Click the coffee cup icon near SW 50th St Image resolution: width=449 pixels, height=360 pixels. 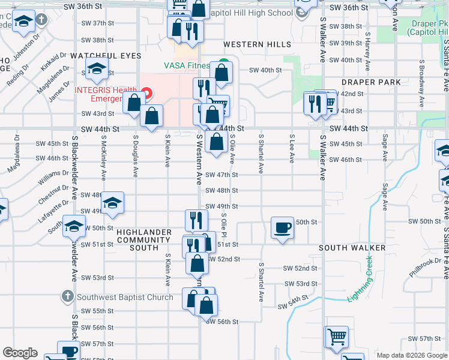283,228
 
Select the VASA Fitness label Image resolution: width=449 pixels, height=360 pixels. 187,65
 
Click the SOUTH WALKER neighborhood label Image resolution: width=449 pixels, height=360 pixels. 352,248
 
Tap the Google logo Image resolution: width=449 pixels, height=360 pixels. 19,353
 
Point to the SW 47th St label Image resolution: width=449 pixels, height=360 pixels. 222,175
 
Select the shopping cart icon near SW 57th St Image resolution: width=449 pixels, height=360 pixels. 337,337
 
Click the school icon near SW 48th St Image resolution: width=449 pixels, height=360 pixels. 112,203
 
